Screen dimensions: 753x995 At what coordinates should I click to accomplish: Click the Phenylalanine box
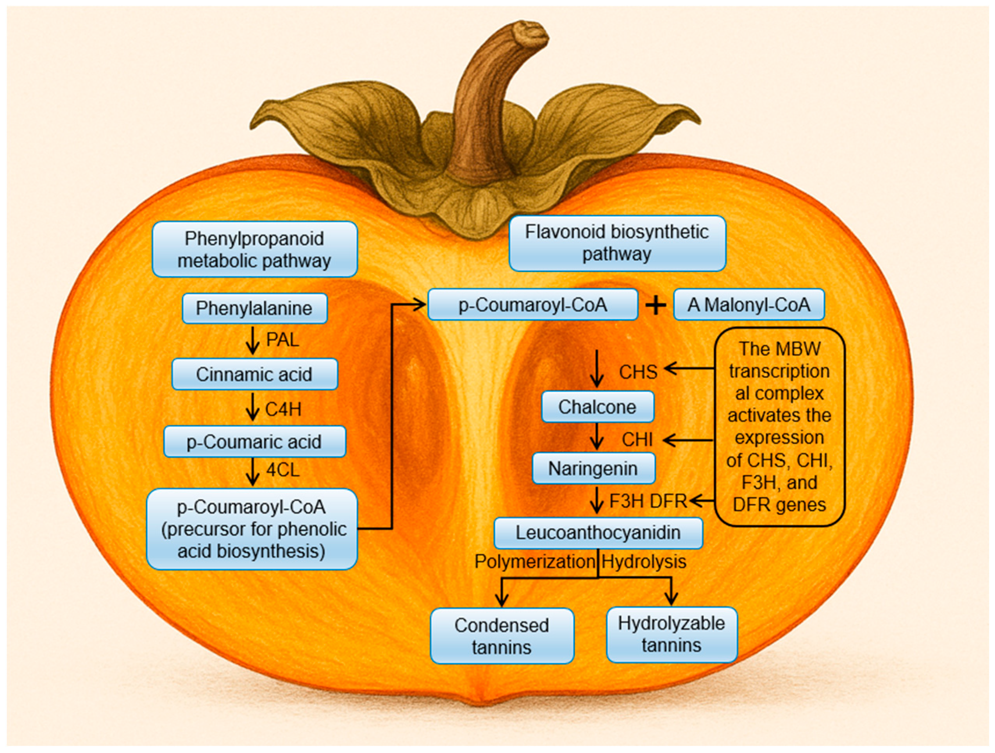point(255,308)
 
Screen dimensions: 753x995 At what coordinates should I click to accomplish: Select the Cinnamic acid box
point(255,374)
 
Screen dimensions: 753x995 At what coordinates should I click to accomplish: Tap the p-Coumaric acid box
point(255,441)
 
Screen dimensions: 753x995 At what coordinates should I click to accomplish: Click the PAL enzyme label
point(282,339)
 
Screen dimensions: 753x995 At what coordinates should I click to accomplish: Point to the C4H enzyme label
point(283,409)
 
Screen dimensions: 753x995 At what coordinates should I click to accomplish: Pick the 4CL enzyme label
point(282,470)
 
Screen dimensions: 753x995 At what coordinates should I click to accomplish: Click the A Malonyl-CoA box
point(748,305)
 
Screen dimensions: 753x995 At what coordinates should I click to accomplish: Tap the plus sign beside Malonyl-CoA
point(656,306)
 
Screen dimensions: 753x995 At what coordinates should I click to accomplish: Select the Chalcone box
point(597,407)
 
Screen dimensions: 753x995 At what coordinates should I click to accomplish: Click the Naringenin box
point(593,468)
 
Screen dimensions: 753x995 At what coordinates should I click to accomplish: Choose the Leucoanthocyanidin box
point(598,532)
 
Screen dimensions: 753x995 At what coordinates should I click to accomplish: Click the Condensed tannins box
point(502,636)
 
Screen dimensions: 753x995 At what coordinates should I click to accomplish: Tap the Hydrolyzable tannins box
point(672,635)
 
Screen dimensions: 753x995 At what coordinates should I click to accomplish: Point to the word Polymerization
point(535,562)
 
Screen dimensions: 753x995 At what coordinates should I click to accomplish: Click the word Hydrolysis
point(644,562)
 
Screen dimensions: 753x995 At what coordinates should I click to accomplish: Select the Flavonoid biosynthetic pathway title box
point(617,243)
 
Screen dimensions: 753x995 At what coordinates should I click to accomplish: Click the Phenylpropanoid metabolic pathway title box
point(255,249)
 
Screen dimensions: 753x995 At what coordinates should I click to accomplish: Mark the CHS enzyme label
point(638,372)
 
